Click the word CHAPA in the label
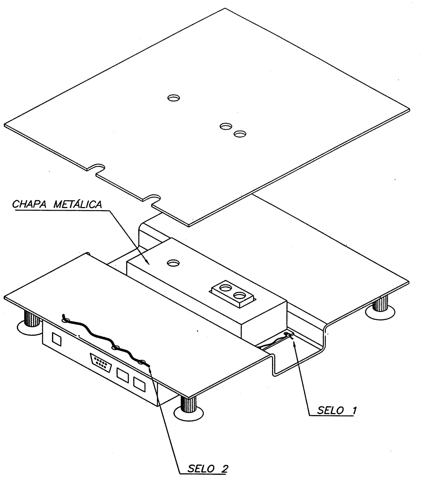click(x=29, y=204)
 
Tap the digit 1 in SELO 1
click(x=354, y=410)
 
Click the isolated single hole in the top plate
click(x=173, y=98)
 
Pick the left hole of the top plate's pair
click(x=226, y=126)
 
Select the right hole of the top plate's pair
click(x=240, y=134)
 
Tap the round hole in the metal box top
click(x=173, y=263)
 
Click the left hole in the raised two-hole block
click(x=226, y=288)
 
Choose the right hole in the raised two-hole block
click(x=239, y=295)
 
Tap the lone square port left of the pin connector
click(x=56, y=339)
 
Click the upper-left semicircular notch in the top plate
click(x=96, y=166)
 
